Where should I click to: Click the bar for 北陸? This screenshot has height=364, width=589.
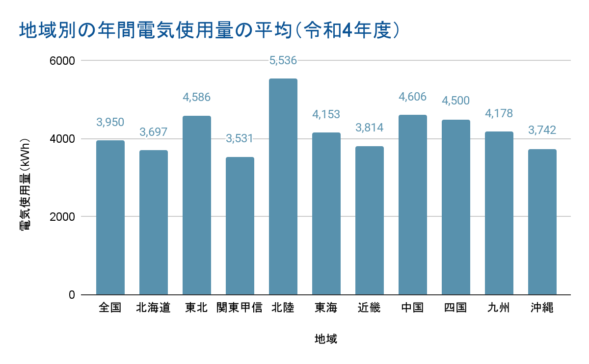click(283, 186)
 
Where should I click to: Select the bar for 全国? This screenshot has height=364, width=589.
click(110, 217)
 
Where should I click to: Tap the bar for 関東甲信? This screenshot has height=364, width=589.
click(240, 226)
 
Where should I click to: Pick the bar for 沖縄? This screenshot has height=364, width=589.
click(542, 222)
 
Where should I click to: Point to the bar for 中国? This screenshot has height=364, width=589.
click(413, 205)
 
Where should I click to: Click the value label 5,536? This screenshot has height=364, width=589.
click(283, 61)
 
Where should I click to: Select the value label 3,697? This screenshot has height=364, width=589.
click(154, 132)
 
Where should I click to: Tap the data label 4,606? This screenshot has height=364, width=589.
click(413, 97)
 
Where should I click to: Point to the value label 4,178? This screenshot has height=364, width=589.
click(499, 114)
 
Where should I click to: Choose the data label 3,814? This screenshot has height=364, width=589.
click(370, 128)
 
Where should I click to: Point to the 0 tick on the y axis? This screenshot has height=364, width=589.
click(71, 295)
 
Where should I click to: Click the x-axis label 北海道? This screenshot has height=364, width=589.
click(154, 308)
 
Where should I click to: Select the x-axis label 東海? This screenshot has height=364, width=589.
click(326, 308)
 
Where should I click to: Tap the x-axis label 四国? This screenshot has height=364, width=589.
click(456, 308)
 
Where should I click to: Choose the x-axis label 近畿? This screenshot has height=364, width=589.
click(370, 308)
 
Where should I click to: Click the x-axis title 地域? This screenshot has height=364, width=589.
click(326, 339)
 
